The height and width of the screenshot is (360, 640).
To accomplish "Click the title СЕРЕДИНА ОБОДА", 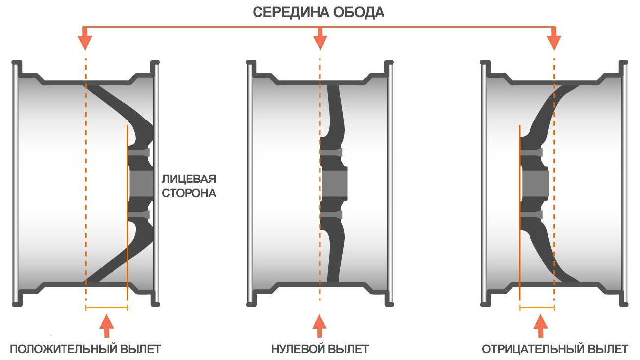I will (319, 12).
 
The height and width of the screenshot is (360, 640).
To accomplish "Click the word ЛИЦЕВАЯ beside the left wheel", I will (190, 179).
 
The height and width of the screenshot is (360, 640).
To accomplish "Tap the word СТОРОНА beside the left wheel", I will (190, 193).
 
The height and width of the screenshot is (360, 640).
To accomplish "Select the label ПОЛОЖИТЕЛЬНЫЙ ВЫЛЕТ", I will (85, 349).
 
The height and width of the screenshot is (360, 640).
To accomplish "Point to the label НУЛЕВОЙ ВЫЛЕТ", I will (320, 349).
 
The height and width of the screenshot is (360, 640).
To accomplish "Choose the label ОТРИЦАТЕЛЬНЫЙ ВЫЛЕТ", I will (555, 349).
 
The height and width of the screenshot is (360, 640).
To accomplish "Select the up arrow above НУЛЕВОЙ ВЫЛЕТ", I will (320, 325).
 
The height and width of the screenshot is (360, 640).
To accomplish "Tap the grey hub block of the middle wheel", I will (334, 182).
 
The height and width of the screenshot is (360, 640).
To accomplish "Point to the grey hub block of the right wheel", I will (535, 182).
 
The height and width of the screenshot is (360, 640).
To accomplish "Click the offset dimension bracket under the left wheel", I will (107, 308).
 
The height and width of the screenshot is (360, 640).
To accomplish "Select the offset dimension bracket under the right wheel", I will (537, 308).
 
